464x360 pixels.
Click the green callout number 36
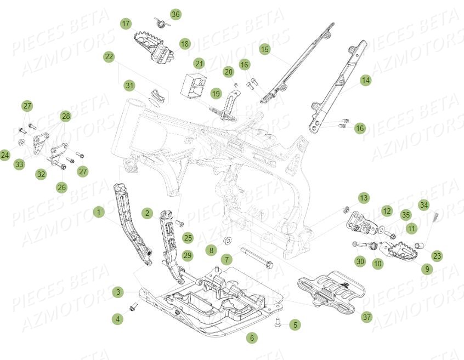click(x=175, y=14)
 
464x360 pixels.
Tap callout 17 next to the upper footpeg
click(x=126, y=24)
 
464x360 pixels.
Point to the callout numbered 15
click(x=265, y=49)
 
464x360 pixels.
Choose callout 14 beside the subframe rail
click(x=365, y=80)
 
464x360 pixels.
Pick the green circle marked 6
click(x=252, y=338)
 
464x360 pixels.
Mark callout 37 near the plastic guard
click(x=366, y=317)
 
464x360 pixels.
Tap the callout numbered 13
click(x=364, y=197)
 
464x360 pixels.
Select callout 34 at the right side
click(x=423, y=205)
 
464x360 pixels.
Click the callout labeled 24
click(x=5, y=155)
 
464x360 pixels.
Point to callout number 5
click(x=295, y=325)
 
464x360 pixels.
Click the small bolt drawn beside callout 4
click(x=133, y=307)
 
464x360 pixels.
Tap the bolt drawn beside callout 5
click(x=277, y=323)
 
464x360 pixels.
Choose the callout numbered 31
click(x=129, y=85)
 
